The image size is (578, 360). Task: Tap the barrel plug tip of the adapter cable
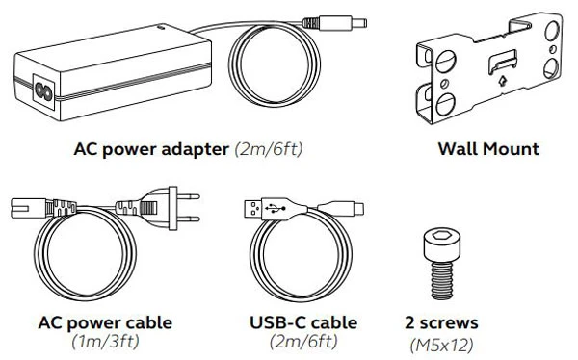(x=359, y=23)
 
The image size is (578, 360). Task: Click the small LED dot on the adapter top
(x=161, y=27)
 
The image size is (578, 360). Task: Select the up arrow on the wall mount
(x=502, y=80)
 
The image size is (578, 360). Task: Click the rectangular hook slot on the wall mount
(x=502, y=61)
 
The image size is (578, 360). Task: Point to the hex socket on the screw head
(x=441, y=235)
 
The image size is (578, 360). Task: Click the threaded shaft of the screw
(x=441, y=281)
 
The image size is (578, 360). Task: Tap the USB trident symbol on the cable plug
(x=275, y=209)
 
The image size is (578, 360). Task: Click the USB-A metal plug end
(x=252, y=209)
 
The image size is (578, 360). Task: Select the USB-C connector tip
(x=359, y=209)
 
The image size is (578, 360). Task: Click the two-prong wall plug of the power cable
(x=173, y=208)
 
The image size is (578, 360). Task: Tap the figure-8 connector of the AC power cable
(x=28, y=208)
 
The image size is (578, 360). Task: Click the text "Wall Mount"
(x=488, y=149)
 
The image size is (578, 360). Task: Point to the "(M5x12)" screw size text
(x=441, y=346)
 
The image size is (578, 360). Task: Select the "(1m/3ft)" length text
(x=105, y=342)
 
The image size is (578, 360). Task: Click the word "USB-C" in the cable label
(x=277, y=322)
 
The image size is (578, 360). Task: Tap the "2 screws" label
(x=441, y=322)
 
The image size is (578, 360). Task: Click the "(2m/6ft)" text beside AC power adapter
(x=269, y=149)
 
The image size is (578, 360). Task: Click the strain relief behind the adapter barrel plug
(x=310, y=23)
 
